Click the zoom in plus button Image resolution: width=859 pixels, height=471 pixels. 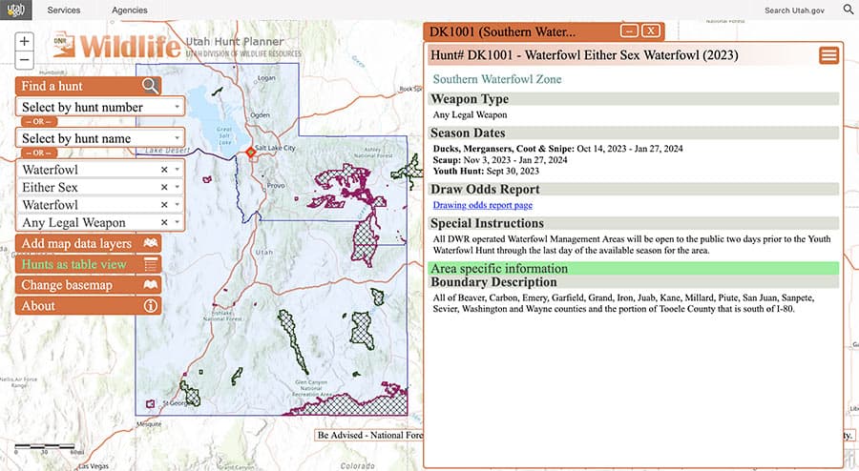coord(25,42)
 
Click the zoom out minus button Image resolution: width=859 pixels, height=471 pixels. coord(25,60)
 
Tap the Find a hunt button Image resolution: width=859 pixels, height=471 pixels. coord(89,86)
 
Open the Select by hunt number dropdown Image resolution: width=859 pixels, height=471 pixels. coord(100,107)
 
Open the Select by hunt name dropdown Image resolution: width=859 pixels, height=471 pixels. coord(100,138)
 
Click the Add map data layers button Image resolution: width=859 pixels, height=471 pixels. coord(89,243)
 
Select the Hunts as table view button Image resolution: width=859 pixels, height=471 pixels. coord(89,264)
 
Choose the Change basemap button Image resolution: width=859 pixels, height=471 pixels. coord(89,285)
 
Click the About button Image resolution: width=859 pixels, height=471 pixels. coord(89,306)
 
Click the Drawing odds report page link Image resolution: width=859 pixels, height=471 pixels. coord(482,205)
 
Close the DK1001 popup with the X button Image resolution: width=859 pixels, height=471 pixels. coord(650,31)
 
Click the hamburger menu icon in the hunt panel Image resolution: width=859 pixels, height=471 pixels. coord(828,55)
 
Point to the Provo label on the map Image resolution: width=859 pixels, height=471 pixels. coord(278,185)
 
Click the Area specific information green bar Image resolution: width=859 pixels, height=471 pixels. coord(634,268)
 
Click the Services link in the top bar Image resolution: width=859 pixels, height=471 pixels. coord(64,10)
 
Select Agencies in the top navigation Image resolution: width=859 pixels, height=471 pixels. coord(129,10)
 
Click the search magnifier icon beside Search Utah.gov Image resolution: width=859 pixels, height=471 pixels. coord(848,10)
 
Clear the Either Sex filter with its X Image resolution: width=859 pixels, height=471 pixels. coord(164,187)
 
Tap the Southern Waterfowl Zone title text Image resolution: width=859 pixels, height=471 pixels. coord(497,79)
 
